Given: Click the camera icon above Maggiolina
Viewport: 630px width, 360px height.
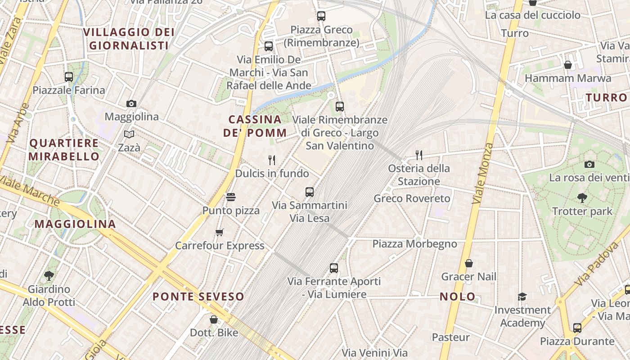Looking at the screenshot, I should tap(131, 103).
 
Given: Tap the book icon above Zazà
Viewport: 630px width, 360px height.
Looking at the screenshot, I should tap(129, 134).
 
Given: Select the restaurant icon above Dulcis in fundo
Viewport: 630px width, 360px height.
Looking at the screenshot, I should tap(272, 160).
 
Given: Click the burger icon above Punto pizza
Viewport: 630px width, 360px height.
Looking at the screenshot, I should tap(231, 197).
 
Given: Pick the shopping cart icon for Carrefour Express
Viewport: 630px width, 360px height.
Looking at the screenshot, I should tap(220, 232).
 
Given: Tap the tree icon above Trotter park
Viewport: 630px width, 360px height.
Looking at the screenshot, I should tap(582, 198).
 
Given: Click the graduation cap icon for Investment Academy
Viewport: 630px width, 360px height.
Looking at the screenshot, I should tap(522, 297).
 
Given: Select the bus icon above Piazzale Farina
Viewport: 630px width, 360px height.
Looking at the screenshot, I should tap(69, 77).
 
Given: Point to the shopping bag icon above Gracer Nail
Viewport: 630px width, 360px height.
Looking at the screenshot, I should tap(469, 263).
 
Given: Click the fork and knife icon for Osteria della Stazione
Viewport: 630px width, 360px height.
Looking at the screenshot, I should tap(419, 155).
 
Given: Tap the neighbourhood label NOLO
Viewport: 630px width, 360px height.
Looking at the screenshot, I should tap(458, 297).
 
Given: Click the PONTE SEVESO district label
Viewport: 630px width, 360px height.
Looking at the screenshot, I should tap(198, 297).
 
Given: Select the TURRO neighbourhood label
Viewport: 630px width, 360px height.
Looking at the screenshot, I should tap(606, 98).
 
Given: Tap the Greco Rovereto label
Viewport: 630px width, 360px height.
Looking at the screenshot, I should tap(412, 198).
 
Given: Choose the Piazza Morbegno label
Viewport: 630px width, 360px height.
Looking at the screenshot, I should tap(414, 244).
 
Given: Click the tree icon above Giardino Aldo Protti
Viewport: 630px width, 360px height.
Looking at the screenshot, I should tap(49, 275).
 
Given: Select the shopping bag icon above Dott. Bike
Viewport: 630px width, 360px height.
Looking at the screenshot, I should tap(214, 319).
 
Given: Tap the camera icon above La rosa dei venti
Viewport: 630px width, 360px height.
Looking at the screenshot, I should tap(589, 164).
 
